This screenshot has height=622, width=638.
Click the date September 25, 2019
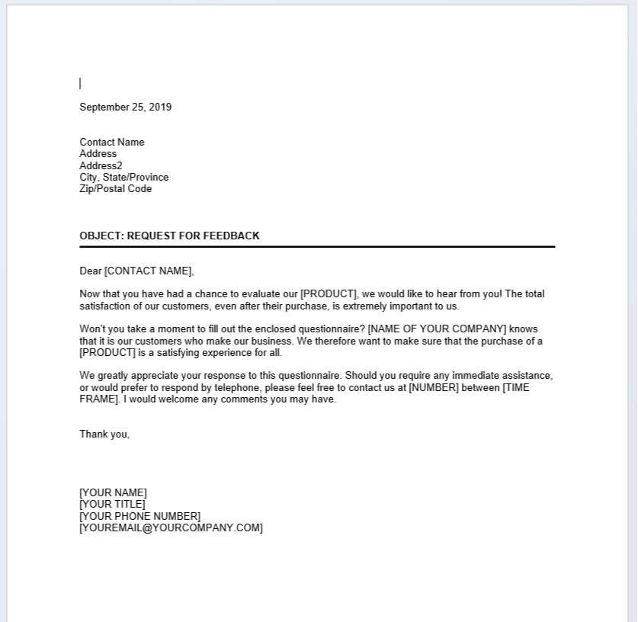[x=126, y=107]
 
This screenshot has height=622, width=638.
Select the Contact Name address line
[x=111, y=142]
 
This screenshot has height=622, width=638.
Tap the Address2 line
[x=101, y=165]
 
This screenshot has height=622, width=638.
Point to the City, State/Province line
[x=124, y=177]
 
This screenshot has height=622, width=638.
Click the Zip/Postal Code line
[x=115, y=188]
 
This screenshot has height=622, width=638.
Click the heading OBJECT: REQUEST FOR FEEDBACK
[x=169, y=236]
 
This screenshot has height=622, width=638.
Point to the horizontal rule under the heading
[x=317, y=247]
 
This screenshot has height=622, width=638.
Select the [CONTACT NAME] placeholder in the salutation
[x=149, y=271]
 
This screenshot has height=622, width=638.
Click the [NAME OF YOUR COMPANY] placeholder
[x=437, y=329]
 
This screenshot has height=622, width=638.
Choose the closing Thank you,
[x=104, y=434]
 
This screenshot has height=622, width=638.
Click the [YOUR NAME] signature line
[x=113, y=492]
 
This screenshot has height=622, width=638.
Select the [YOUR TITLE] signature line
[x=112, y=504]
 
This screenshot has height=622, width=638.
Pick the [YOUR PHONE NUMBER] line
[x=139, y=516]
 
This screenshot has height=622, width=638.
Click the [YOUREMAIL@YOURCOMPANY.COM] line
[x=171, y=527]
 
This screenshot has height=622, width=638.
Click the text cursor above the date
[x=80, y=83]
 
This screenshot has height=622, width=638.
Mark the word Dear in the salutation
[x=91, y=271]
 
